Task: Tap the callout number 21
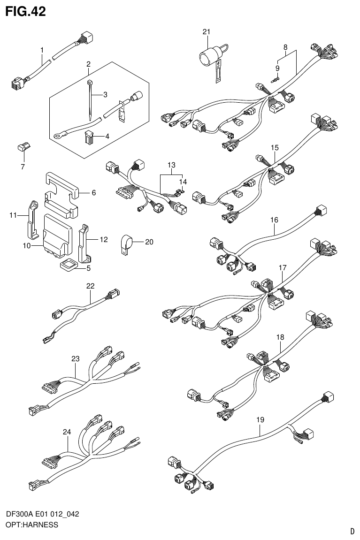pos(206,31)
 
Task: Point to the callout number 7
pos(23,167)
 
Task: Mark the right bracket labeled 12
pos(84,242)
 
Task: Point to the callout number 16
pos(274,220)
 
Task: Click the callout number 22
pos(90,286)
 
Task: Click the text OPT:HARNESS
pos(31,525)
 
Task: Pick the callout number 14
pos(183,182)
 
